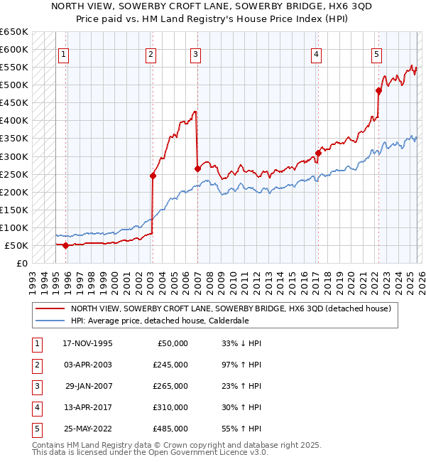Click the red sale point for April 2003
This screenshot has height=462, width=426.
152,176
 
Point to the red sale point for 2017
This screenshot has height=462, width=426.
318,152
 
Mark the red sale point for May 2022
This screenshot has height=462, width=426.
378,90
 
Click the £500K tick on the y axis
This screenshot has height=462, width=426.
14,85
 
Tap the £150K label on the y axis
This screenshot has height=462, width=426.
14,210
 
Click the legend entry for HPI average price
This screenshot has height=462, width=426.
159,321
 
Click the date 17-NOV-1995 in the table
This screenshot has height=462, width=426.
87,343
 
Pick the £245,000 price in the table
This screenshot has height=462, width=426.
170,365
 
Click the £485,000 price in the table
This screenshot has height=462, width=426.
170,429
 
